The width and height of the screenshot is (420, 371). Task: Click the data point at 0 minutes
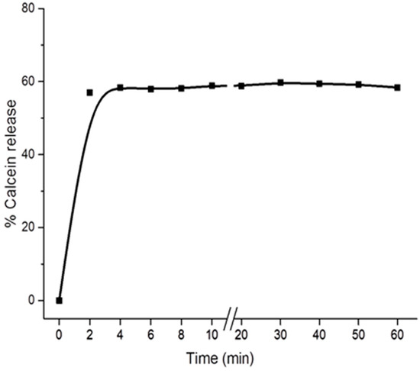click(x=59, y=300)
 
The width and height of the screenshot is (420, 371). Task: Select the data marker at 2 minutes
click(x=89, y=92)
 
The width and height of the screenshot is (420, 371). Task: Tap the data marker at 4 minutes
click(x=120, y=88)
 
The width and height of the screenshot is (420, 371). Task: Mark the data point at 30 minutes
click(x=281, y=82)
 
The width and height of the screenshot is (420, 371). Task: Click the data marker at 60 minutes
click(x=397, y=88)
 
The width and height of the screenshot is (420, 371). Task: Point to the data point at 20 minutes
click(x=241, y=85)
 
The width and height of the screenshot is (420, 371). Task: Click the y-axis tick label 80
click(x=27, y=8)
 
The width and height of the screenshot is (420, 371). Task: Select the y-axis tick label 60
click(x=27, y=81)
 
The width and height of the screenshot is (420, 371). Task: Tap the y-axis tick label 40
click(x=27, y=154)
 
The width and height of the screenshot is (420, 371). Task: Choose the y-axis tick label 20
click(x=27, y=227)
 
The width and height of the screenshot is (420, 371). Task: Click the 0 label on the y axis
click(x=31, y=300)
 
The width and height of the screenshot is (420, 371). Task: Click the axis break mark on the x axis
click(x=230, y=315)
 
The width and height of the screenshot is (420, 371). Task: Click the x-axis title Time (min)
click(x=220, y=356)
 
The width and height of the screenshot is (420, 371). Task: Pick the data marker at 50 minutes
click(x=359, y=84)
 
